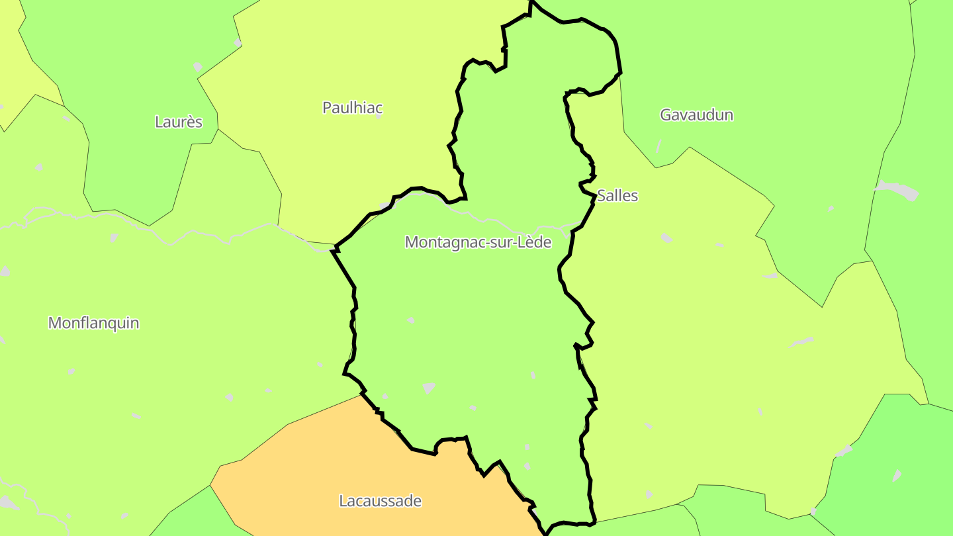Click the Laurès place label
[178, 122]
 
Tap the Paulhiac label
[352, 107]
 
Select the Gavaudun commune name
[696, 114]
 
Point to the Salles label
[617, 195]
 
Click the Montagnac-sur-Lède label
[478, 242]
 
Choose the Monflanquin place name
[93, 323]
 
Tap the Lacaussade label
[380, 501]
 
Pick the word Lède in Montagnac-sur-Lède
[535, 242]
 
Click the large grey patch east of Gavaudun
[897, 190]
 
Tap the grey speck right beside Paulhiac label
[379, 115]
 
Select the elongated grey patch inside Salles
[801, 342]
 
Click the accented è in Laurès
[189, 122]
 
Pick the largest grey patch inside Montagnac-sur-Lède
[429, 387]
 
